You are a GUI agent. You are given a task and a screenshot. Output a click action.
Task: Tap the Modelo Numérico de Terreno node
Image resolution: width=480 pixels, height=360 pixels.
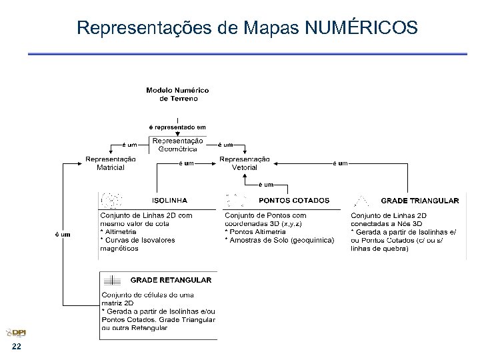[x=177, y=94]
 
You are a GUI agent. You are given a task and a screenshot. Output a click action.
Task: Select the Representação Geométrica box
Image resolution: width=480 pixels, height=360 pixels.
[x=177, y=145]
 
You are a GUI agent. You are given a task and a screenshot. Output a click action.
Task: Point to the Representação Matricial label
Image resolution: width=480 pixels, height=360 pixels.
[x=111, y=163]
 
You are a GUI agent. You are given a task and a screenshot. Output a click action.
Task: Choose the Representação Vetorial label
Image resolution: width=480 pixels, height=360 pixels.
[x=244, y=163]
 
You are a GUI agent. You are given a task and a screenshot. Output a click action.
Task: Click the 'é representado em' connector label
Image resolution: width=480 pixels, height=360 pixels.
[x=177, y=127]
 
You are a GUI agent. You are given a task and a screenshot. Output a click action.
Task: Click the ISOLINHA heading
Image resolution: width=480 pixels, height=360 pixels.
[x=170, y=200]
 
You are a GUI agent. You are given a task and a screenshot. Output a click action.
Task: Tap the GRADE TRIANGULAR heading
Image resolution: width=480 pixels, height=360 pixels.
[x=419, y=200]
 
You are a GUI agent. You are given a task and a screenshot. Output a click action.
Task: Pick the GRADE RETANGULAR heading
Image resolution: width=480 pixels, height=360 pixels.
[x=171, y=280]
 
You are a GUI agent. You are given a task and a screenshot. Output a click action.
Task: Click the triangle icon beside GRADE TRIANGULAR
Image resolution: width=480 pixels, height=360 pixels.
[x=362, y=199]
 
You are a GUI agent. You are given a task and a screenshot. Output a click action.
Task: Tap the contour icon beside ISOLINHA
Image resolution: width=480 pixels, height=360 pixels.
[x=111, y=200]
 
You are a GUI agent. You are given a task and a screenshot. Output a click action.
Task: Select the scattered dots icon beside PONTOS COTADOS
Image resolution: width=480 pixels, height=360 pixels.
[x=236, y=200]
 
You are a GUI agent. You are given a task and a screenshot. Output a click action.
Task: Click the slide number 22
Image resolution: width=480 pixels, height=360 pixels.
[x=16, y=348]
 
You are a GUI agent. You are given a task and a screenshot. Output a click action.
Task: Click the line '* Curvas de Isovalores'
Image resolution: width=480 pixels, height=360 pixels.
[x=137, y=240]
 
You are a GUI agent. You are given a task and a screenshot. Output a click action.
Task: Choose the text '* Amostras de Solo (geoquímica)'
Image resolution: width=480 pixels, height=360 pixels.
[x=279, y=240]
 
